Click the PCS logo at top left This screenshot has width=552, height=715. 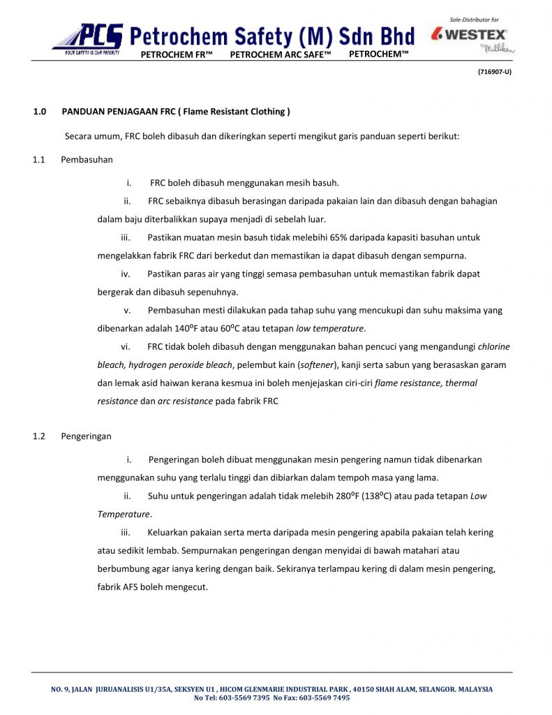point(87,38)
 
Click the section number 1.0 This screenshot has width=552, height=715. point(40,112)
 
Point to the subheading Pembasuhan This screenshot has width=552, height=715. point(87,160)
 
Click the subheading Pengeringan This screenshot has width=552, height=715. point(86,436)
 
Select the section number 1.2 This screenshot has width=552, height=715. point(39,436)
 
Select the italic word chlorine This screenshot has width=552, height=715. point(493,346)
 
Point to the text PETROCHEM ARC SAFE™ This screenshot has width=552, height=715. point(280,54)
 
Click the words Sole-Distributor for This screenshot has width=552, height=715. point(475,20)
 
